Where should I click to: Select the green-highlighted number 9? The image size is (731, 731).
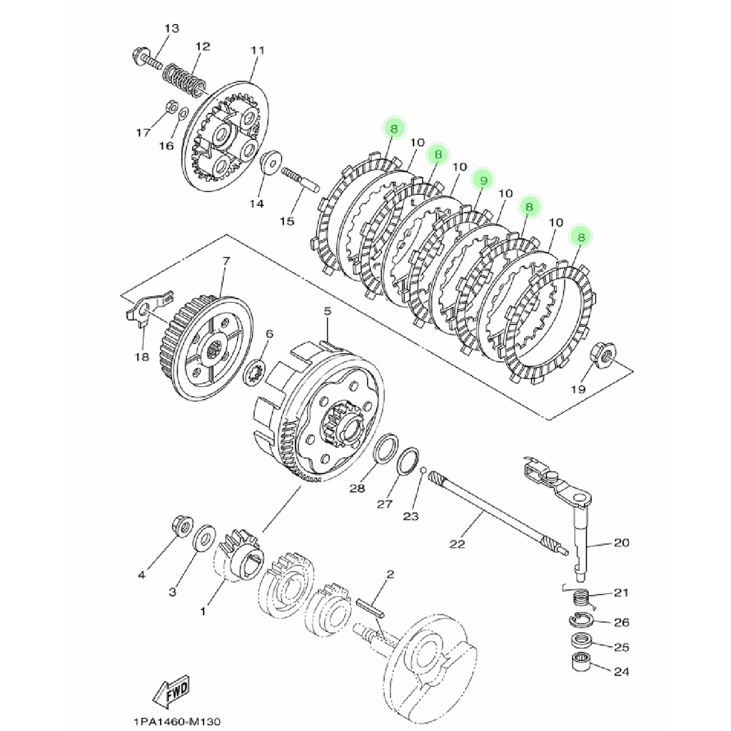(x=483, y=181)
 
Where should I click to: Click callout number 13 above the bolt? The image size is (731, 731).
(x=172, y=29)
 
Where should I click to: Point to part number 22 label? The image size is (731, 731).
(x=458, y=544)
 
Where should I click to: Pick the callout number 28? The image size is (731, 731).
(x=357, y=489)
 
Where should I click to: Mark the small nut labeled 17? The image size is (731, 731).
(x=171, y=106)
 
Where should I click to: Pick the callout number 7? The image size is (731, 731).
(x=226, y=261)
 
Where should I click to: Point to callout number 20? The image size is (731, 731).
(x=621, y=543)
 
